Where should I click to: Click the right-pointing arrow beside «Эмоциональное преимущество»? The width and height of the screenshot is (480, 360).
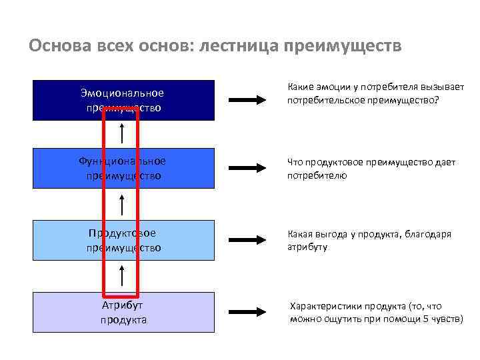point(247,100)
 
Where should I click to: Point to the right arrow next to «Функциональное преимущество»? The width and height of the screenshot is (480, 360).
point(247,169)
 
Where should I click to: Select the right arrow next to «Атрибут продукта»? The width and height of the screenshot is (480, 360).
point(247,313)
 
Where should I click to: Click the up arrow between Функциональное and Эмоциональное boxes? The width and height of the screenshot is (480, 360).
point(122,133)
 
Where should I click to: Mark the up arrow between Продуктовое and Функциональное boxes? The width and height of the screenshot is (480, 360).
point(122,204)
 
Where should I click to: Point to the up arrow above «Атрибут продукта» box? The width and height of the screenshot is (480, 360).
point(122,275)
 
